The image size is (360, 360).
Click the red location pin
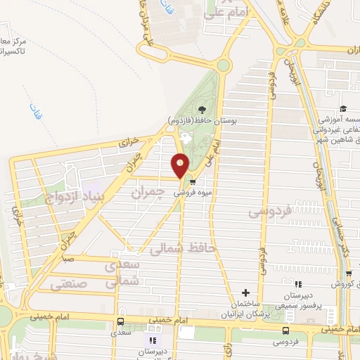tap(181, 166)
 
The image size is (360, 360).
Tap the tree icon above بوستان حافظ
tap(202, 109)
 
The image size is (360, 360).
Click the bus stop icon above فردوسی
tap(285, 330)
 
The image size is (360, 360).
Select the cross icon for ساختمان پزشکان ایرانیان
tap(245, 292)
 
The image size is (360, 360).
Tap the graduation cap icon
tap(343, 108)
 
